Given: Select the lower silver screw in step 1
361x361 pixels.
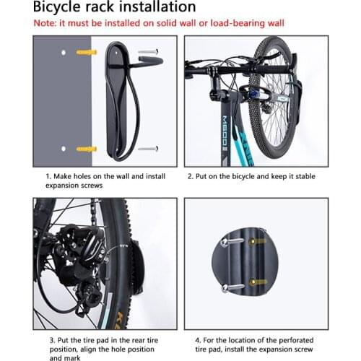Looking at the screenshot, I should (x=148, y=149).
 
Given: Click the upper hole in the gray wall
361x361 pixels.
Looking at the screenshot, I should (x=64, y=53).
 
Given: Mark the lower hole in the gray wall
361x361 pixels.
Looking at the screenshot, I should (x=64, y=149).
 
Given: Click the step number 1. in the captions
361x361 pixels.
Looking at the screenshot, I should (x=48, y=176).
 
